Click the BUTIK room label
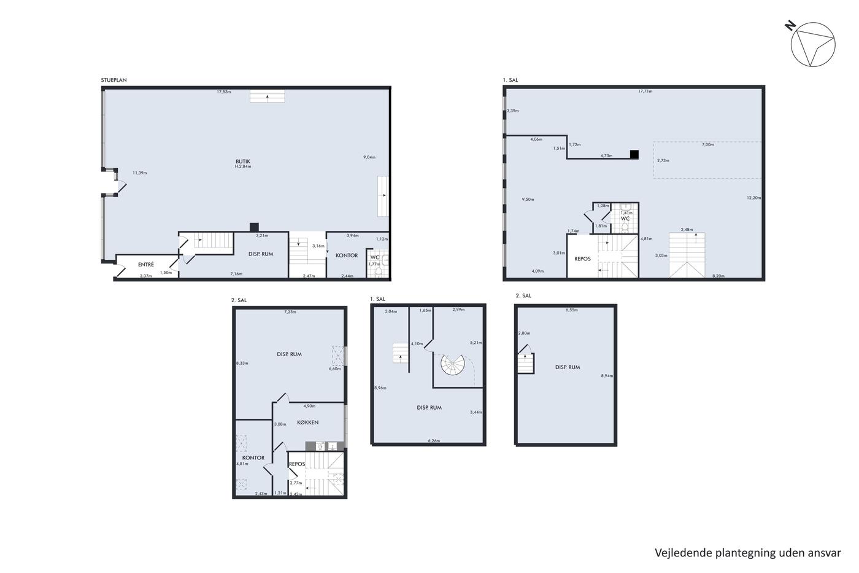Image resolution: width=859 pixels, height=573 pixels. point(243,162)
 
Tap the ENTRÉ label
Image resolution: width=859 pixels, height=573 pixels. point(146,265)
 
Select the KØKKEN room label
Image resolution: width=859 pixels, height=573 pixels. point(307,422)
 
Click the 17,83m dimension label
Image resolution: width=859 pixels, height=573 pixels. point(224,92)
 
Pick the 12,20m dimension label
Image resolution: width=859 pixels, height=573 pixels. point(753,198)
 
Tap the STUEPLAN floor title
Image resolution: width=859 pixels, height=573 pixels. point(114,80)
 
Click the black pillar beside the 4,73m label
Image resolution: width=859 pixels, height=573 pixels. point(634,154)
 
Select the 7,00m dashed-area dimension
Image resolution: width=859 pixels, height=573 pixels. point(708,145)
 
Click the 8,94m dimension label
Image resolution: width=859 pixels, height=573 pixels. point(607,376)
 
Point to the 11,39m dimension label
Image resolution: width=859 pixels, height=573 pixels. point(140,173)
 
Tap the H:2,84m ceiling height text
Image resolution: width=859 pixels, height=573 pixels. point(243,166)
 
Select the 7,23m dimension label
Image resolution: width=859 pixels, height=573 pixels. point(290,312)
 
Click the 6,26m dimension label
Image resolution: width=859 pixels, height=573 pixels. point(434,441)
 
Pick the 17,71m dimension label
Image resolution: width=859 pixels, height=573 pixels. point(645,92)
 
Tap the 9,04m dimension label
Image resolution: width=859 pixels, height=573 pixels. point(369,157)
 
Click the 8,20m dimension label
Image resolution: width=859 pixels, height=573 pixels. point(718,276)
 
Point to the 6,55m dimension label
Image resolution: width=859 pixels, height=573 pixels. point(571,310)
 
